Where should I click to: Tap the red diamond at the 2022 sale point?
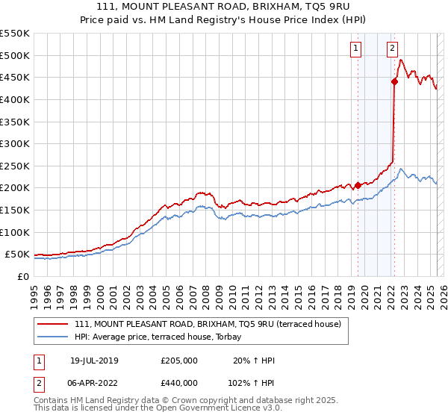tap(393, 82)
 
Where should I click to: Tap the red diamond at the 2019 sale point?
tap(358, 185)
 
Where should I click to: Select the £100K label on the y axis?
tap(15, 232)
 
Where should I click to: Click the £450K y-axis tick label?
tap(15, 77)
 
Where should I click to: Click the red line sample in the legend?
tap(54, 324)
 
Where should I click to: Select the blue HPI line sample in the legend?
tap(54, 336)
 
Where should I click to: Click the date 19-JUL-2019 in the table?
tap(94, 361)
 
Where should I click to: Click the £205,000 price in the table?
tap(179, 361)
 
